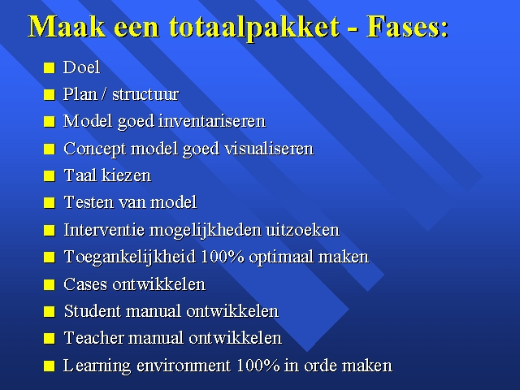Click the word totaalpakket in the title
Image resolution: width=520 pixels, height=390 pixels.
254,27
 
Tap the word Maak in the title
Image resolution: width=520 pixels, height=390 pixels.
67,26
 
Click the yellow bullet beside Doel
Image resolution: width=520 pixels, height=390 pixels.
49,67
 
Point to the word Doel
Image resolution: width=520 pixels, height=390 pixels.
81,67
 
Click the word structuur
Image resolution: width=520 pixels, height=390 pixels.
145,94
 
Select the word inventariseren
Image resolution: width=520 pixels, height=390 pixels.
212,121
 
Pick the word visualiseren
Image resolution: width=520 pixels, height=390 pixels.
269,149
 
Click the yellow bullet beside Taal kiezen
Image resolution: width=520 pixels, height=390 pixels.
49,175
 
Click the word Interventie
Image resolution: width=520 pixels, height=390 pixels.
104,230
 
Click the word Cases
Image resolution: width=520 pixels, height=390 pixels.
85,284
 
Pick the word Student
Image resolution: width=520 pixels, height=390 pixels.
92,311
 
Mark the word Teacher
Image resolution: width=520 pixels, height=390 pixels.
94,338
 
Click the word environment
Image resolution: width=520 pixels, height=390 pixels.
184,366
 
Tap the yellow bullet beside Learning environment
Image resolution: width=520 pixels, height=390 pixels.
49,366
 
